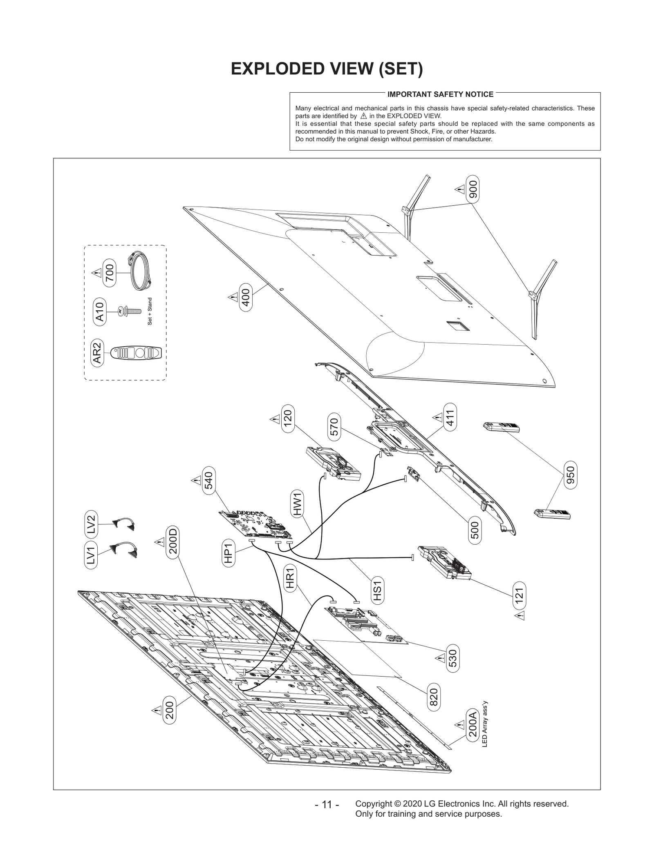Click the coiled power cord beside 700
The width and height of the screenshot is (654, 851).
pyautogui.click(x=141, y=271)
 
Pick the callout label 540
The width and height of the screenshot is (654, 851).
pyautogui.click(x=209, y=480)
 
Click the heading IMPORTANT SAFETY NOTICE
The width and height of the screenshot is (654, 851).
pyautogui.click(x=440, y=94)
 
